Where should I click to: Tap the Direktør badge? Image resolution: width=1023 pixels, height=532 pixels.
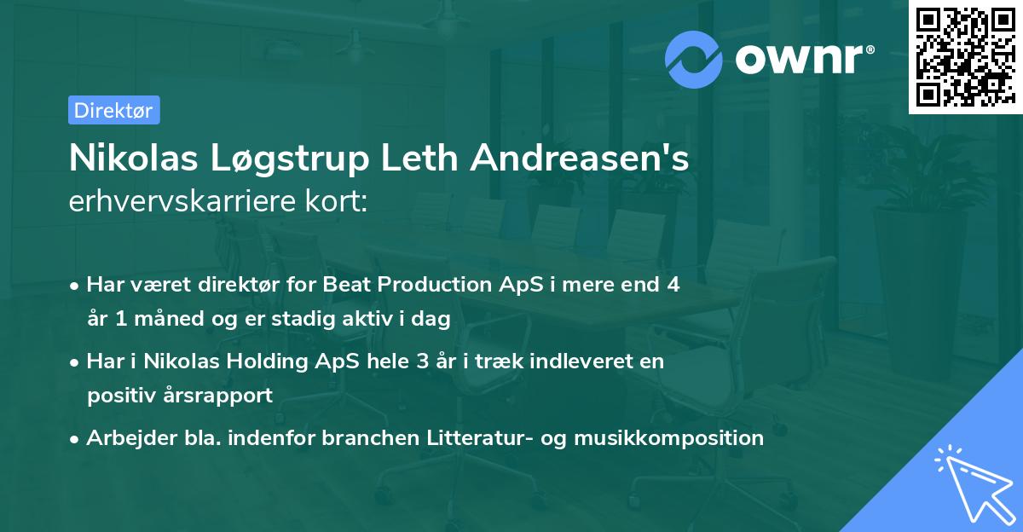point(113,110)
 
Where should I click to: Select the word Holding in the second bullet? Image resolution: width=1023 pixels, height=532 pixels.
point(267,361)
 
